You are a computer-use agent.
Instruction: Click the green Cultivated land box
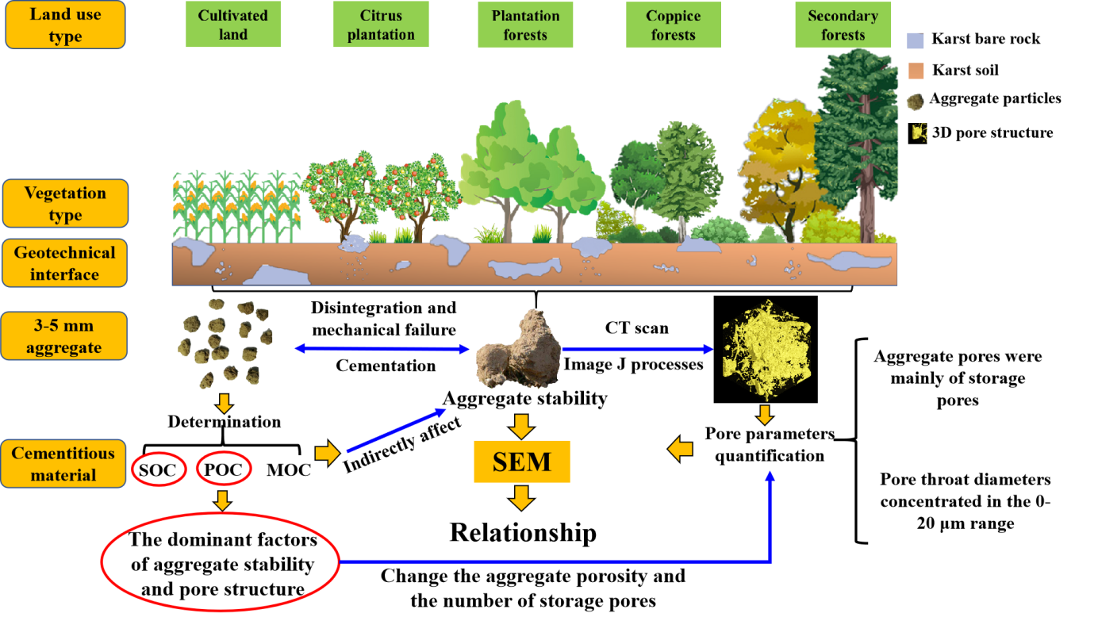(233, 25)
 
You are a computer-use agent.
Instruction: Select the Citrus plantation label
(381, 25)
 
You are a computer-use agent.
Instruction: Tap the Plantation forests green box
(525, 25)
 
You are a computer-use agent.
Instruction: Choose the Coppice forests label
(673, 25)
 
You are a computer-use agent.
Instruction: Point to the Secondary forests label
(843, 25)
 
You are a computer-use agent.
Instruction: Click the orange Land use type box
(65, 25)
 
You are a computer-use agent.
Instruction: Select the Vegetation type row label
(65, 204)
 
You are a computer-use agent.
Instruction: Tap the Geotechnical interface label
(65, 263)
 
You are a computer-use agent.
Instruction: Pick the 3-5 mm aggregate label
(65, 336)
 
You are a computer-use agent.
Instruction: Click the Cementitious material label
(63, 464)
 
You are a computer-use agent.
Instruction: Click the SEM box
(521, 462)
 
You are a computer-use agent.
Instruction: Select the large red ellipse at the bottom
(221, 562)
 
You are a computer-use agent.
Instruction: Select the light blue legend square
(916, 41)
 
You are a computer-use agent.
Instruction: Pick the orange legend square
(916, 71)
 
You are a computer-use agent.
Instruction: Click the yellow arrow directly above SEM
(520, 426)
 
